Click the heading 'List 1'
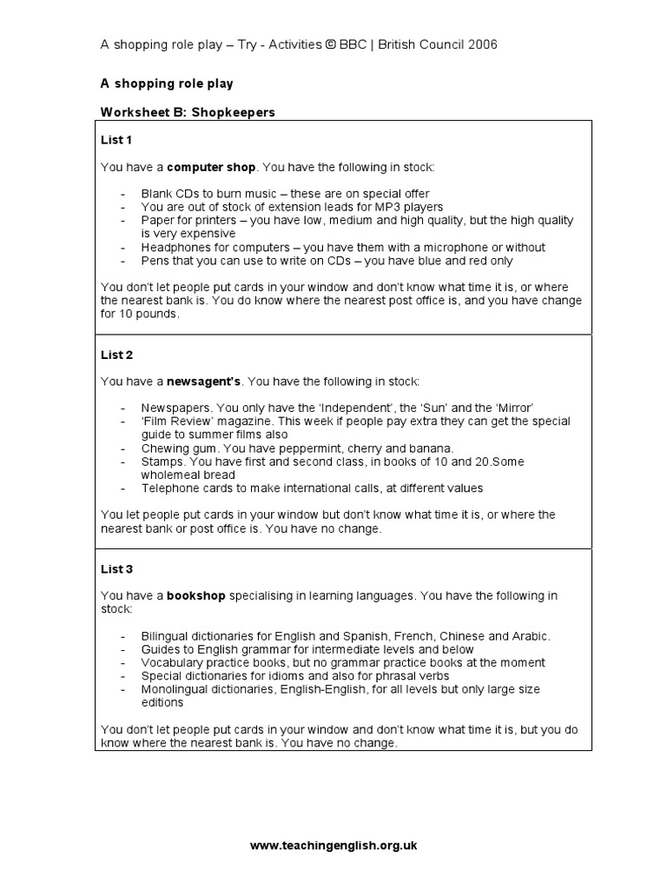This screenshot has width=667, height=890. (116, 139)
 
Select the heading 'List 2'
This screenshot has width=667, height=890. (116, 355)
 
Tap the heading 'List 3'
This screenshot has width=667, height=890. (116, 569)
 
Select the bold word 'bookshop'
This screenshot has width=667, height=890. (196, 595)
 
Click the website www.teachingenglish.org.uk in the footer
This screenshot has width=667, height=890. (333, 845)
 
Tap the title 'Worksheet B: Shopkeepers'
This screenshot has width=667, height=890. (188, 112)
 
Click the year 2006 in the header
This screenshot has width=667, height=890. (483, 44)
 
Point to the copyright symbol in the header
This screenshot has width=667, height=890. (332, 44)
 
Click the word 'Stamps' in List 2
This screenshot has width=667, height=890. (160, 462)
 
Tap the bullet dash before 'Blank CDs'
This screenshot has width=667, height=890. (124, 193)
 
